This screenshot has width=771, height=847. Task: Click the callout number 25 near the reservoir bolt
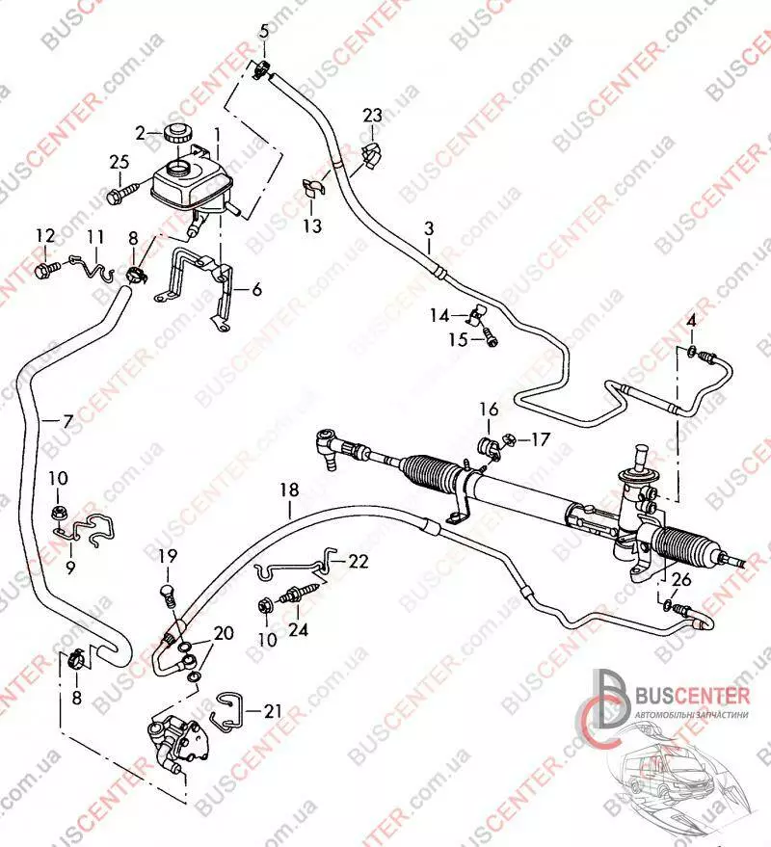(x=120, y=162)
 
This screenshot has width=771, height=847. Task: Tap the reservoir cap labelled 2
(x=175, y=132)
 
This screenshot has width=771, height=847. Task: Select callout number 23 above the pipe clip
(x=372, y=115)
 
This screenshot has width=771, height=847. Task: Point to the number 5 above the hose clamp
(x=264, y=31)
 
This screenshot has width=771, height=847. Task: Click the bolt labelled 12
(x=44, y=270)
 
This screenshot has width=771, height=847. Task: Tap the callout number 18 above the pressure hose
(x=289, y=490)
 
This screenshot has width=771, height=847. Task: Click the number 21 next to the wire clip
(x=273, y=711)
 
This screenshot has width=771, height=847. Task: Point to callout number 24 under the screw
(x=298, y=630)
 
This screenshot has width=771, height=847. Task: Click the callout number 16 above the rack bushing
(x=489, y=410)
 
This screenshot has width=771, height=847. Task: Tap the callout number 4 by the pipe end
(x=691, y=321)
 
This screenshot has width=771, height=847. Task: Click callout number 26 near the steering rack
(x=681, y=580)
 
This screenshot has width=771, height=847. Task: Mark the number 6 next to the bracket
(x=256, y=290)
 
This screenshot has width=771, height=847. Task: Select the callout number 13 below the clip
(x=311, y=225)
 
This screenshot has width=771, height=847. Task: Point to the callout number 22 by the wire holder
(x=359, y=561)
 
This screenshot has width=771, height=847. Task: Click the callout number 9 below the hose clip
(x=70, y=568)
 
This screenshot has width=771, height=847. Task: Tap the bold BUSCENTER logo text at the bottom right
(x=693, y=696)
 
